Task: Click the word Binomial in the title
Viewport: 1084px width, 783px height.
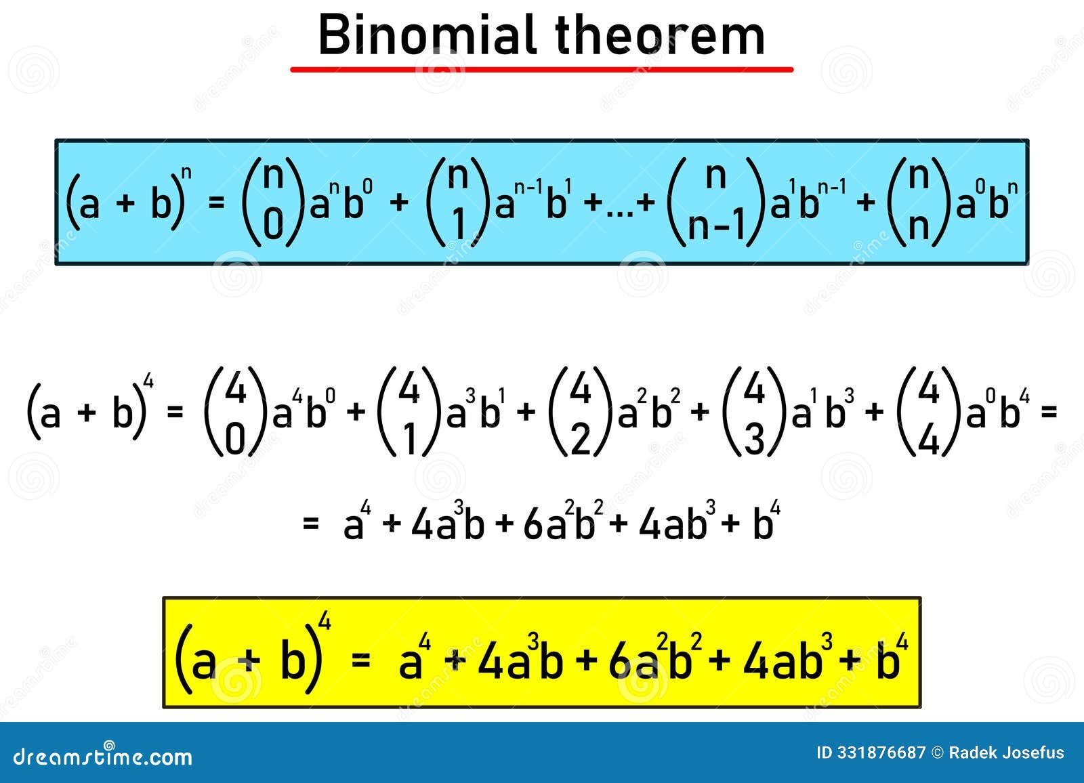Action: click(428, 35)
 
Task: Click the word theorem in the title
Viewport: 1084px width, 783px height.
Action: click(660, 35)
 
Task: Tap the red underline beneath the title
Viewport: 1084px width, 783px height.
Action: click(541, 70)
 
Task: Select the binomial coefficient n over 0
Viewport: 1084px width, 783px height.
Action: click(273, 202)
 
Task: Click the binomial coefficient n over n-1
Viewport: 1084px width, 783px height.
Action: click(715, 202)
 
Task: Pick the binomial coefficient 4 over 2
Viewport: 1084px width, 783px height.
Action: click(580, 412)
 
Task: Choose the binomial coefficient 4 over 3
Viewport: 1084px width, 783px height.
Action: click(754, 412)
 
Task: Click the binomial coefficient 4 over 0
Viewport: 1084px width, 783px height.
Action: click(235, 412)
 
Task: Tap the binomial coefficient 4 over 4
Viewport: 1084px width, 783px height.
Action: click(928, 412)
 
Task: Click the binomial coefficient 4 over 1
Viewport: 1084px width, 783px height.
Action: click(409, 412)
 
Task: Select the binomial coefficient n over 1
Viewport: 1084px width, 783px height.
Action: click(458, 202)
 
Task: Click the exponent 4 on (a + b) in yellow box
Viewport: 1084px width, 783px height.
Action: click(325, 621)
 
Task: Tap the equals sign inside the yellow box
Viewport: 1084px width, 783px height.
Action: click(360, 659)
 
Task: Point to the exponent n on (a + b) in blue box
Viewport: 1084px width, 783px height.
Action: click(186, 173)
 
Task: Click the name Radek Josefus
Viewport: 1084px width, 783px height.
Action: click(1007, 753)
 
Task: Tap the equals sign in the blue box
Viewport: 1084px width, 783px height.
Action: click(216, 202)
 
